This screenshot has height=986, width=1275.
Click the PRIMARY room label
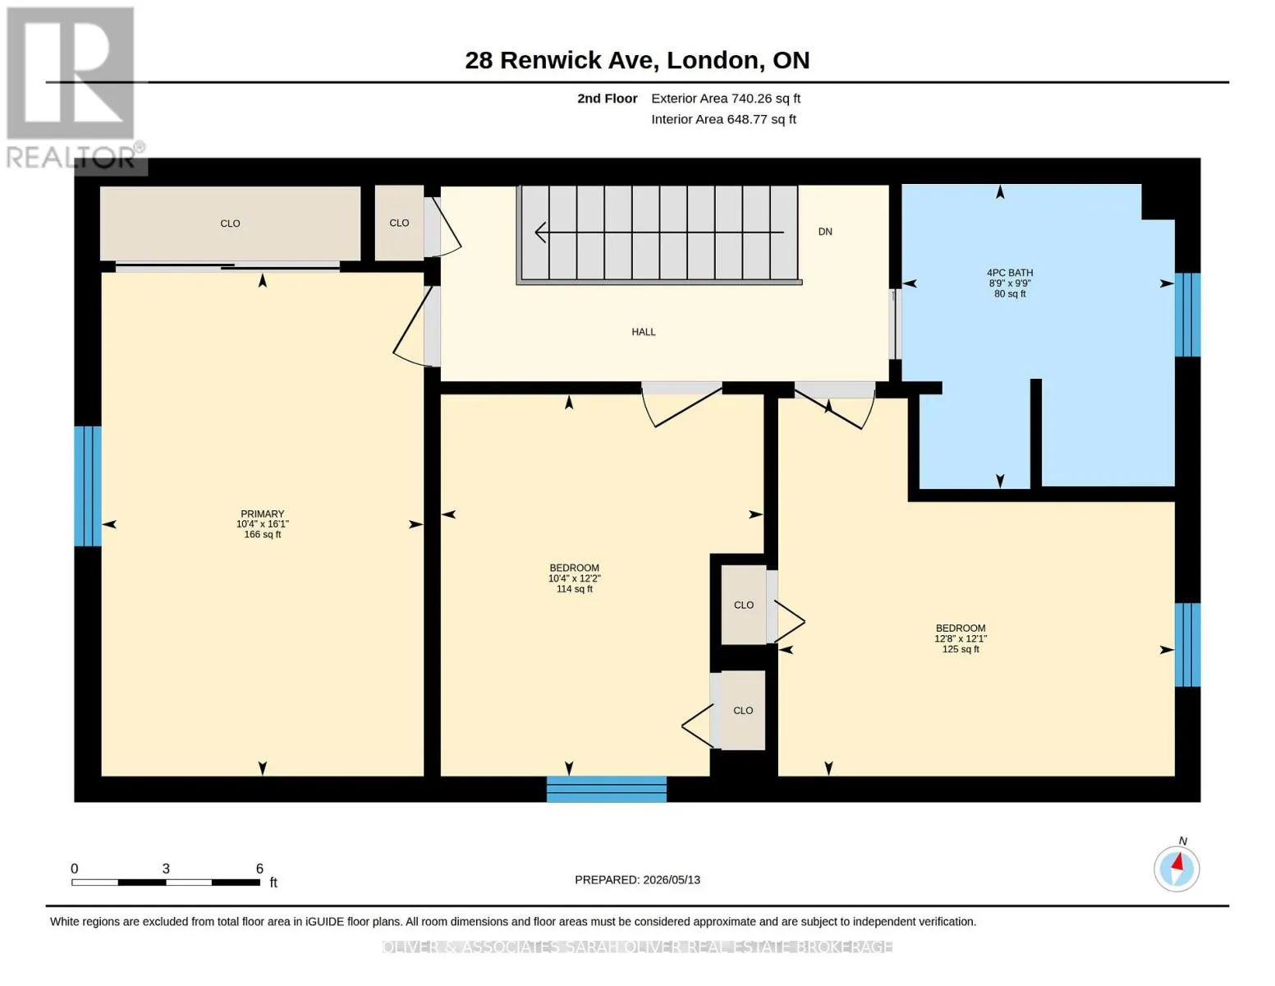(x=262, y=514)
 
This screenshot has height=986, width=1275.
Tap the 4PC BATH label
(x=1010, y=273)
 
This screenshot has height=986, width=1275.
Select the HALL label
(x=644, y=332)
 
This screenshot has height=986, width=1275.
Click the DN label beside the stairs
(x=825, y=232)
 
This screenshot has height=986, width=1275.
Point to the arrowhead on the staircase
(x=540, y=232)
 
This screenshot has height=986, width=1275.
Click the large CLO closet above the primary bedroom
(x=230, y=223)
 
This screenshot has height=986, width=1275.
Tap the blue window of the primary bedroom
(x=88, y=486)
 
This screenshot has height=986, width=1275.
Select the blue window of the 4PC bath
(x=1188, y=315)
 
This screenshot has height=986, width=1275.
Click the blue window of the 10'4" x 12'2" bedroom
(x=607, y=790)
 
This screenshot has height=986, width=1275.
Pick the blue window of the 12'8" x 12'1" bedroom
(x=1188, y=645)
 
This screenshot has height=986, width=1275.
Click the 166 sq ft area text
(x=262, y=534)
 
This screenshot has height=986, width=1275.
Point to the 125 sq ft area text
(x=961, y=649)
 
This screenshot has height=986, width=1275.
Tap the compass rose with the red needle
(x=1176, y=869)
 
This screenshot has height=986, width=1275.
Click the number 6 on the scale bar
(x=259, y=868)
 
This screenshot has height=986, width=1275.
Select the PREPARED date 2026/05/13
(x=672, y=880)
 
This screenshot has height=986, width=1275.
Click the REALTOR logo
(x=73, y=88)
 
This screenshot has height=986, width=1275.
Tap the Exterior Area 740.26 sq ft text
(x=726, y=99)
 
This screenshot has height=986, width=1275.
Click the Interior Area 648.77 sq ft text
(x=723, y=119)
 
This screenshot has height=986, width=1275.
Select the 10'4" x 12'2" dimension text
(x=575, y=578)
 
